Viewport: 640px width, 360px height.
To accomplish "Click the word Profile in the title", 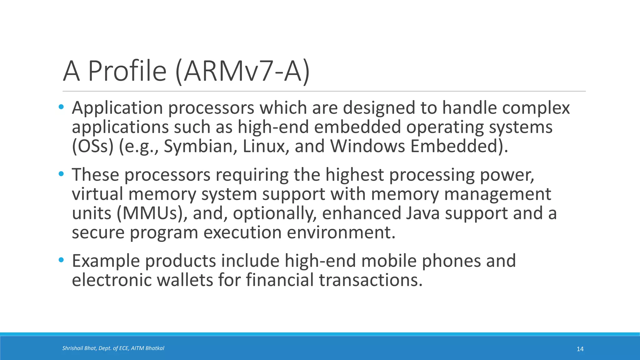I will point(127,71).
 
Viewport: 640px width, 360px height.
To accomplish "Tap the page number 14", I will point(580,349).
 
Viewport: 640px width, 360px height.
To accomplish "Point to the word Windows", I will point(367,146).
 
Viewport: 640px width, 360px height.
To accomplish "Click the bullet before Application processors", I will point(61,107).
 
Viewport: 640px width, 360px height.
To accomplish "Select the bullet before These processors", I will point(61,174).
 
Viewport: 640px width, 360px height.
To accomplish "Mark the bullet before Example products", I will point(61,260).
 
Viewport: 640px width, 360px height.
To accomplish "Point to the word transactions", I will point(371,280).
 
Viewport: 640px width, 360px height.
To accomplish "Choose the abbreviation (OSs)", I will point(92,146).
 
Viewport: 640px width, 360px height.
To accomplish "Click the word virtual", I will point(97,194).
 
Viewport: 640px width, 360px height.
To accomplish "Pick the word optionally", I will point(273,213).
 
